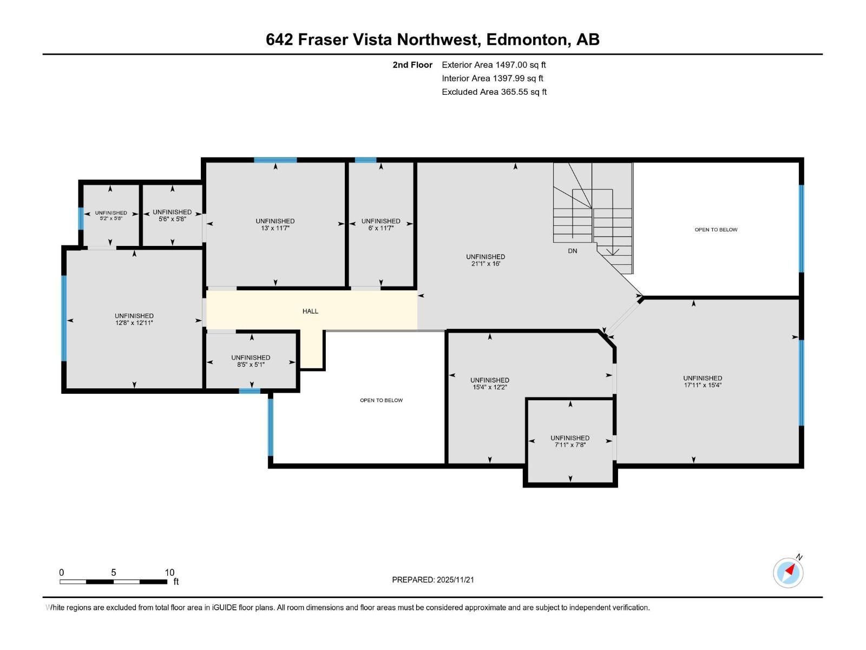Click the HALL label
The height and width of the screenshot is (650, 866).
(x=310, y=311)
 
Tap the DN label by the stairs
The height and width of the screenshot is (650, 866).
(x=572, y=251)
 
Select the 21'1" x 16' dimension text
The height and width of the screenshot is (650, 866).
(x=486, y=264)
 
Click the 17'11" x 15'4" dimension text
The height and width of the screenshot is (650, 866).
(x=702, y=385)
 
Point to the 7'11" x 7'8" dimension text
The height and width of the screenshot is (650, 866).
(x=570, y=445)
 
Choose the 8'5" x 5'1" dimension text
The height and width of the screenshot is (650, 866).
(x=251, y=365)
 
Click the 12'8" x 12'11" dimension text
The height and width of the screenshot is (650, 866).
(x=134, y=323)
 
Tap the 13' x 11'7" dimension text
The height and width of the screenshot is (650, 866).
(x=275, y=228)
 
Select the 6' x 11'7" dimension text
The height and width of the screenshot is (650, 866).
(x=380, y=228)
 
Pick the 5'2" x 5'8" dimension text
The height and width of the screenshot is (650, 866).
(x=111, y=218)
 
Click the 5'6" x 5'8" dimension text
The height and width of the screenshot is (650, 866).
(x=172, y=219)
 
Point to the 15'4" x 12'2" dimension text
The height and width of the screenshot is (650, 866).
(x=490, y=387)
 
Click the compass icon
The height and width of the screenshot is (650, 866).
(x=788, y=573)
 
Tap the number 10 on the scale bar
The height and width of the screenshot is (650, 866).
(x=169, y=573)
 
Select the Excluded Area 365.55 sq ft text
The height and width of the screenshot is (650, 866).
(x=494, y=92)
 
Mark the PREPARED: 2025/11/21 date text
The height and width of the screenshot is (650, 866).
(x=433, y=580)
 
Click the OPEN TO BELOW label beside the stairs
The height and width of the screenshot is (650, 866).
(x=716, y=230)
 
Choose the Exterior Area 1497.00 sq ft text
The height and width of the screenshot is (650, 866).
(x=494, y=65)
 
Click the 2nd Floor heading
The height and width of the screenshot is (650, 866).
(x=412, y=65)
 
